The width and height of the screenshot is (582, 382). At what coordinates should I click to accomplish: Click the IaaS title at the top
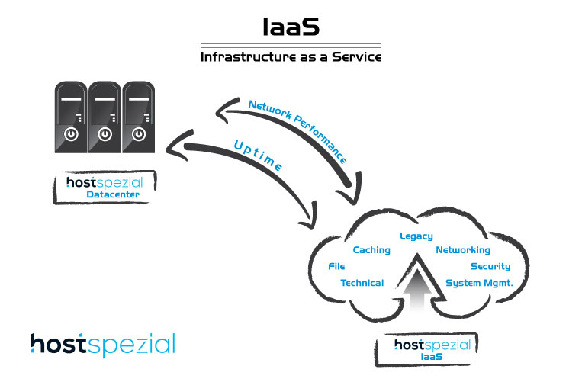point(291,27)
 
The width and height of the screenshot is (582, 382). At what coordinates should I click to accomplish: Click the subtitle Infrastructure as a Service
point(291,56)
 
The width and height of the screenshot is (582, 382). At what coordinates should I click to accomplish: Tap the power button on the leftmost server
point(71,134)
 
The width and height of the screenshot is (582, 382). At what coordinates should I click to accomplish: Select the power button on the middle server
point(105,134)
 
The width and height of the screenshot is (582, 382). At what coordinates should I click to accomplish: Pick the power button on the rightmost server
point(139,134)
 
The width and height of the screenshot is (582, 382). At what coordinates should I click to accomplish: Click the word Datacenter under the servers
point(113,194)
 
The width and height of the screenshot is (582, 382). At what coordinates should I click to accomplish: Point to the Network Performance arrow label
point(297,131)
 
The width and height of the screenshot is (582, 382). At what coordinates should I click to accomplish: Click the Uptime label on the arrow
point(258,156)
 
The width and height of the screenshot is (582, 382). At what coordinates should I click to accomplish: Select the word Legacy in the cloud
point(416,236)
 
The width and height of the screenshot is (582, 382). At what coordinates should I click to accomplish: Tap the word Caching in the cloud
point(371,250)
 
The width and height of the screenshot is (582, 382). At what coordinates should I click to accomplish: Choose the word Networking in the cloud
point(463,250)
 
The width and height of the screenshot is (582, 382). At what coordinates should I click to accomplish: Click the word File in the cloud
point(336,266)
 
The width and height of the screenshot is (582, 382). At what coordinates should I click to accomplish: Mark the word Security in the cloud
point(490,266)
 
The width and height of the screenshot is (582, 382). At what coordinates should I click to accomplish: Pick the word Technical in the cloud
point(362,283)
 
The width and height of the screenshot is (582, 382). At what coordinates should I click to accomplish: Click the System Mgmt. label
point(479,283)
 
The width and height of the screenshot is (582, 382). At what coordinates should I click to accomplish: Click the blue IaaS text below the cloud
point(431,357)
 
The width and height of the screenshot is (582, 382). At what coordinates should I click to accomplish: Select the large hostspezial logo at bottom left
point(103,345)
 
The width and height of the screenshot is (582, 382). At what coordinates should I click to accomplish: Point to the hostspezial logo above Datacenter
point(105,182)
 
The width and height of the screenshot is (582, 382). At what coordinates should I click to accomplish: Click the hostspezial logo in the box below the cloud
point(432,345)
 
